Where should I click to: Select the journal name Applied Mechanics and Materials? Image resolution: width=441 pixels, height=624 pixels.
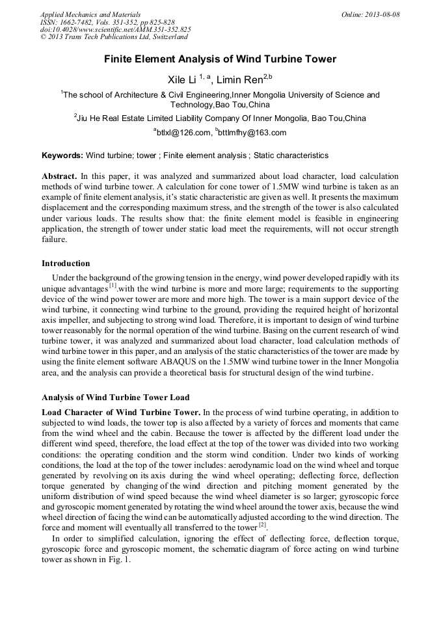[x=90, y=14]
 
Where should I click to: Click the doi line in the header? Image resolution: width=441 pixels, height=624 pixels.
[x=115, y=29]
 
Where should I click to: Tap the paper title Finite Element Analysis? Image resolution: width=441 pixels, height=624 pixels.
[x=220, y=59]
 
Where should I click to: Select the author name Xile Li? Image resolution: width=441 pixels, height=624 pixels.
[x=182, y=79]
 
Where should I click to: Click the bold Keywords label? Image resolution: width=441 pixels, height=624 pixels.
[x=62, y=156]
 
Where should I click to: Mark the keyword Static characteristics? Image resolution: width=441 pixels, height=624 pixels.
[x=291, y=156]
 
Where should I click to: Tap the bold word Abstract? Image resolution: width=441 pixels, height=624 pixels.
[x=60, y=176]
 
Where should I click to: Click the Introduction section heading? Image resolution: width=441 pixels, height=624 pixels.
[x=66, y=264]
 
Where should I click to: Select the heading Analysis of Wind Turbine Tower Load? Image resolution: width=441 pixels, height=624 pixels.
[x=115, y=397]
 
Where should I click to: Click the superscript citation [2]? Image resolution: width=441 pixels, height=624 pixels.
[x=262, y=525]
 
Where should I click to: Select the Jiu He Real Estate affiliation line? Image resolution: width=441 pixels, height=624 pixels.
[x=220, y=118]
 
